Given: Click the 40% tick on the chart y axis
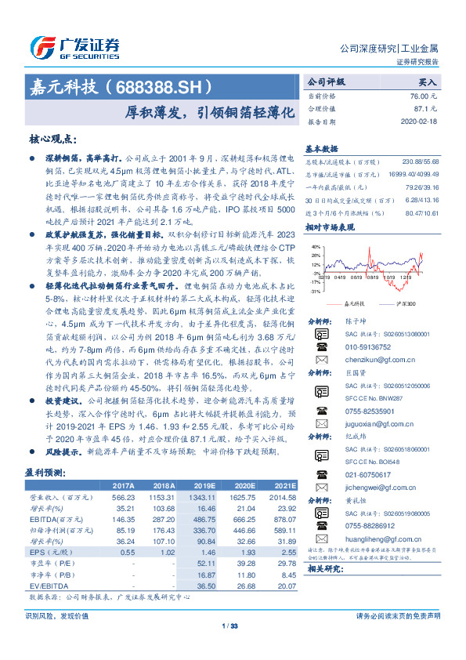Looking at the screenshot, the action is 315,248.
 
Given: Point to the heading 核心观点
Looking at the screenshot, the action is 52,138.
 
